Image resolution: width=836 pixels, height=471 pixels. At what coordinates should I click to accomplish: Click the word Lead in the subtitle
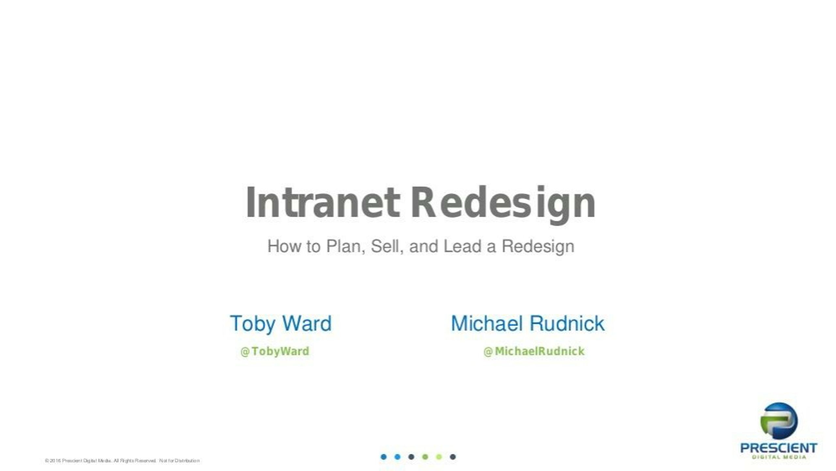pos(462,246)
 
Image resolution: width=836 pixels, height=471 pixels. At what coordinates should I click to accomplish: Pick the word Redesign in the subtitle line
pos(538,247)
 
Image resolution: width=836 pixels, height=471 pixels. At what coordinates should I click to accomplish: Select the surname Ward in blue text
pos(307,323)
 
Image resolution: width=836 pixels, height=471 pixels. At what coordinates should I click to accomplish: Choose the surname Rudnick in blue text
pos(567,323)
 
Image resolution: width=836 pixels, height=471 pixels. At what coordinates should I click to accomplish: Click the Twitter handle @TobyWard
pos(275,351)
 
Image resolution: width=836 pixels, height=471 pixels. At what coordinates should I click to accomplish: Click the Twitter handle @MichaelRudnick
pos(534,351)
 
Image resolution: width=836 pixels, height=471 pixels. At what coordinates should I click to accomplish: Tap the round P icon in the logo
pos(779,421)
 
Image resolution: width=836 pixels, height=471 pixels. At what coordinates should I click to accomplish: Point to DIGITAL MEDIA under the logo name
pos(779,457)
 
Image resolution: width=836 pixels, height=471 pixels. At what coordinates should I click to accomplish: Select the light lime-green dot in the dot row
pos(439,457)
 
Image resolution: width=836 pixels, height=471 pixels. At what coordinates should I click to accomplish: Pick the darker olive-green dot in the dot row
pos(425,457)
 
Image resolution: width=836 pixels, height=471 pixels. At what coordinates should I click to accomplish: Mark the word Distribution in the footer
pos(187,461)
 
